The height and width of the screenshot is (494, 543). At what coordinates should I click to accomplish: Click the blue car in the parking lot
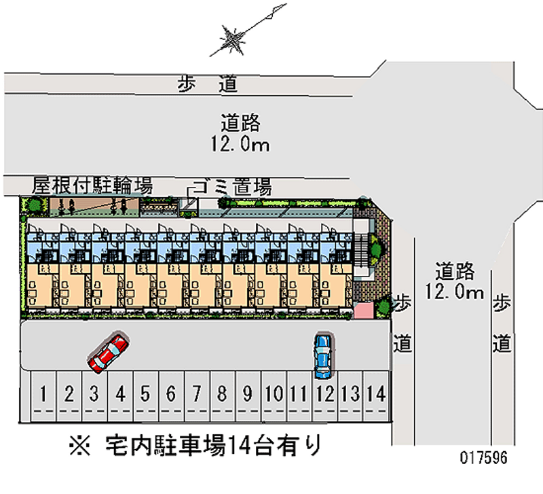[323, 355]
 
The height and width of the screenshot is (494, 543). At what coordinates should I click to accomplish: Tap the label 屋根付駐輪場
[92, 186]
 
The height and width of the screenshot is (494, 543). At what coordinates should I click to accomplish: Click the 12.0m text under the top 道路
[240, 144]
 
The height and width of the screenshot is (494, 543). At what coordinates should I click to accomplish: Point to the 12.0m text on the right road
[454, 292]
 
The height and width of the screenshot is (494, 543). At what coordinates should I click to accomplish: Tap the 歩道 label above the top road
[208, 84]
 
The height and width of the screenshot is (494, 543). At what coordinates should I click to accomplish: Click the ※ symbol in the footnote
[80, 446]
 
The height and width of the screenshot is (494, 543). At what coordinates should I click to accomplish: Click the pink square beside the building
[364, 310]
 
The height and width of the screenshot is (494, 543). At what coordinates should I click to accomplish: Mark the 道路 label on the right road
[454, 272]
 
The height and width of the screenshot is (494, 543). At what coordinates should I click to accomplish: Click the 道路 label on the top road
[240, 124]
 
